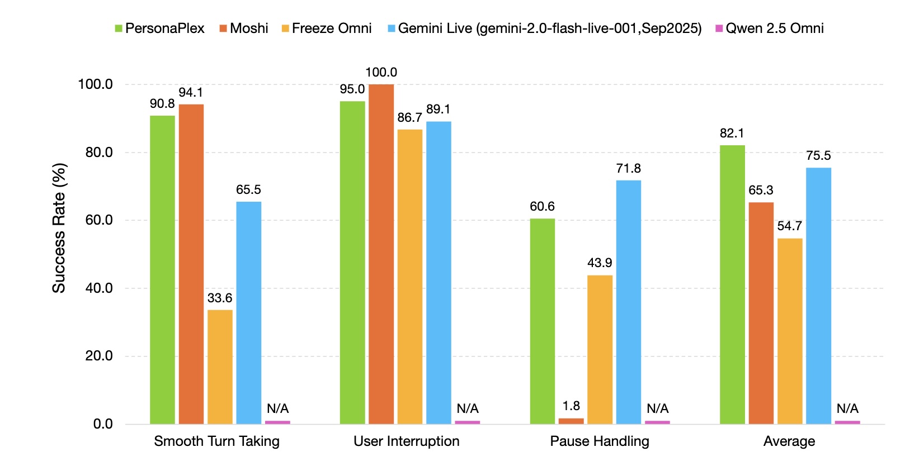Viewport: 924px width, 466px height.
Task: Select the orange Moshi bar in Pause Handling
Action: pyautogui.click(x=571, y=421)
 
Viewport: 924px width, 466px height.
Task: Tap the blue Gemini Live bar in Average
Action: pyautogui.click(x=818, y=296)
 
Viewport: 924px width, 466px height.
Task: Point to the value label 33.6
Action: pyautogui.click(x=219, y=298)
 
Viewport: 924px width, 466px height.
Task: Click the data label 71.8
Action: pyautogui.click(x=628, y=168)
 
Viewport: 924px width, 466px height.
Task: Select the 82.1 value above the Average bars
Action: pyautogui.click(x=732, y=133)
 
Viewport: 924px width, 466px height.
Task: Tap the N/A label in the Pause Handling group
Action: pyautogui.click(x=657, y=408)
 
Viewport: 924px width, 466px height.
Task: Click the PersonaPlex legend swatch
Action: pyautogui.click(x=119, y=28)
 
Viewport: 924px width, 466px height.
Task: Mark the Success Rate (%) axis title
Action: pyautogui.click(x=59, y=227)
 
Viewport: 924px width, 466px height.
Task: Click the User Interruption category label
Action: pyautogui.click(x=406, y=441)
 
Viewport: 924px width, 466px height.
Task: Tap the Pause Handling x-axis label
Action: pyautogui.click(x=599, y=441)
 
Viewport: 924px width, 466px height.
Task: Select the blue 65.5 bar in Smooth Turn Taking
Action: pyautogui.click(x=248, y=312)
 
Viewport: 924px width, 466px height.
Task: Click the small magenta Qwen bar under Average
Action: pyautogui.click(x=847, y=422)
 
